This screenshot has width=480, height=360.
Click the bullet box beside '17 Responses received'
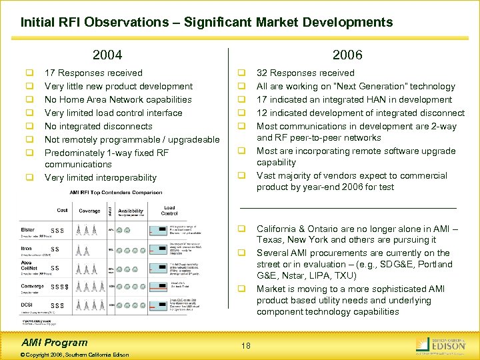pos(30,73)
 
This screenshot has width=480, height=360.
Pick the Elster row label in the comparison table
pos(27,230)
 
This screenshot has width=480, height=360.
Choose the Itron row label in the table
pos(26,248)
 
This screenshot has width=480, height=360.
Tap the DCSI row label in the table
pos(27,305)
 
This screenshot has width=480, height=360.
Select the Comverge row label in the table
pos(31,287)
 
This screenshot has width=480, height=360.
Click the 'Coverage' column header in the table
pos(90,211)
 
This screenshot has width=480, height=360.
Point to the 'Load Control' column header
pos(169,210)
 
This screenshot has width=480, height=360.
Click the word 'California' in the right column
pos(279,229)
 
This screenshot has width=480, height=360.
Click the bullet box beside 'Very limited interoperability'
pos(30,178)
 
